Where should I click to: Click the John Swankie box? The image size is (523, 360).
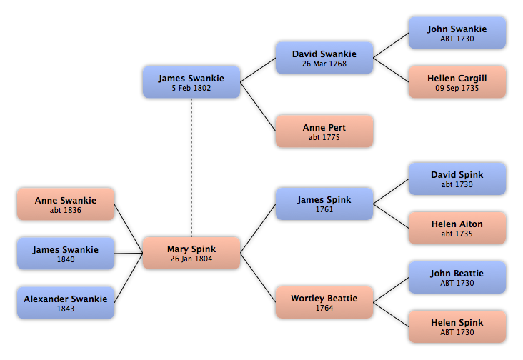(x=457, y=33)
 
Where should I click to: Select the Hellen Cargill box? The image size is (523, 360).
(x=457, y=82)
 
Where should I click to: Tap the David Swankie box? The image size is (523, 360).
(x=324, y=58)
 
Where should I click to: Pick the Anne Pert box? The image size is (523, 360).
(x=324, y=131)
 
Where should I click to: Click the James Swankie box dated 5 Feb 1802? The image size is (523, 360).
(x=191, y=82)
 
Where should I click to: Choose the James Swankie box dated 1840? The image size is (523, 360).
(x=66, y=254)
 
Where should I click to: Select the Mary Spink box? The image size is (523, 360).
(x=191, y=253)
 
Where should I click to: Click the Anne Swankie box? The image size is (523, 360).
(x=66, y=204)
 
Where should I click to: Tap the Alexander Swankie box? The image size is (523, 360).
(x=66, y=303)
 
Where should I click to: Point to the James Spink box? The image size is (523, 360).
(x=324, y=204)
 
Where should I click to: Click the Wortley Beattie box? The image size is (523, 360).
(x=324, y=302)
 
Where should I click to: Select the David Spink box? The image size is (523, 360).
(x=457, y=179)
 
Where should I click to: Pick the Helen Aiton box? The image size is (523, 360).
(x=457, y=228)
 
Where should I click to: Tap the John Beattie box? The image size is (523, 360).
(x=457, y=277)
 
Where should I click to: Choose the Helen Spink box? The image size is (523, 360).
(x=457, y=326)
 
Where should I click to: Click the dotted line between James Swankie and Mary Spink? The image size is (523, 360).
(x=191, y=167)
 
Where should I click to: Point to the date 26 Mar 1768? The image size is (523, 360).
(x=324, y=64)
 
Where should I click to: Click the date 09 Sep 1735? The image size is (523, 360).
(x=457, y=88)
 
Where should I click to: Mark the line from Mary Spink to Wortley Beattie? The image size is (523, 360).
(x=258, y=278)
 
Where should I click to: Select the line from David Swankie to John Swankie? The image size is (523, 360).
(x=391, y=45)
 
